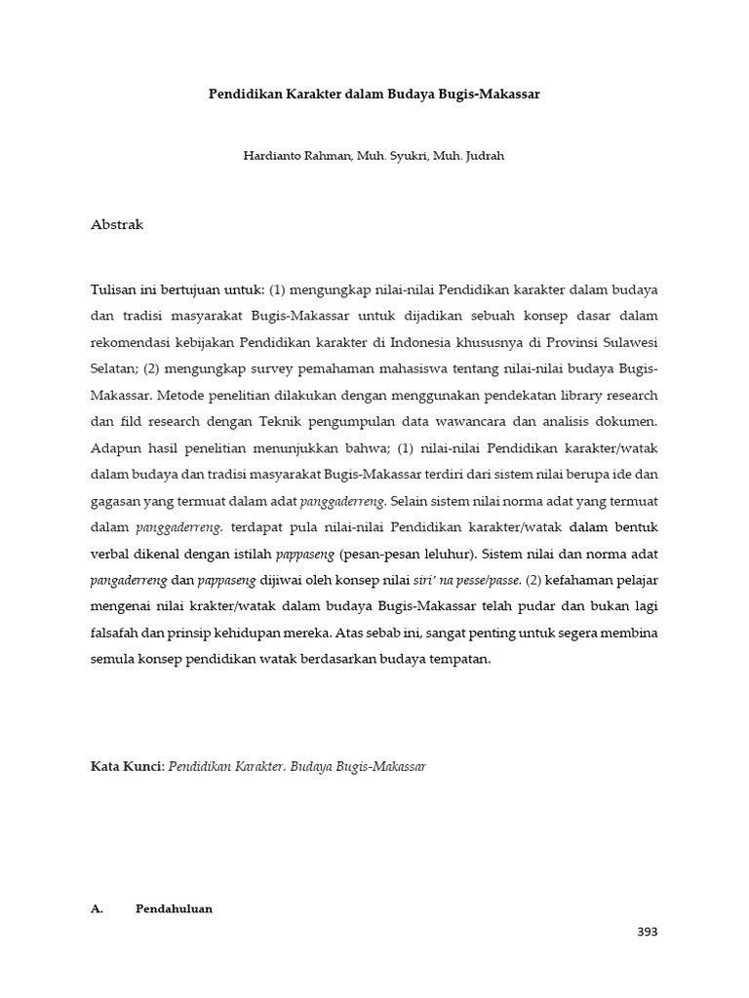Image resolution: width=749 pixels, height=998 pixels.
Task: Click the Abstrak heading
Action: pos(117,224)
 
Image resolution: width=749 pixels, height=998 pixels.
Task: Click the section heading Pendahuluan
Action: pos(174,908)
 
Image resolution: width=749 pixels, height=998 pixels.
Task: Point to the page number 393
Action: pos(647,932)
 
